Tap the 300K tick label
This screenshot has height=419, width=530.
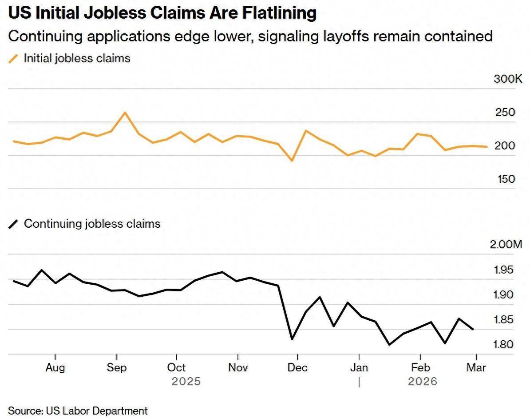click(508, 79)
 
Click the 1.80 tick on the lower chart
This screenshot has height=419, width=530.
click(503, 345)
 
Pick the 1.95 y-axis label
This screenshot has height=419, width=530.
click(503, 270)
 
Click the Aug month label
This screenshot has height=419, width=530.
click(55, 368)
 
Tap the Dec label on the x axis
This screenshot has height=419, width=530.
click(298, 368)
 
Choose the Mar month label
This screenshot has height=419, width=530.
click(476, 368)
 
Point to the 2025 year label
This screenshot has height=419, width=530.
click(186, 382)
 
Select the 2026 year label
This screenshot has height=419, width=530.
click(423, 382)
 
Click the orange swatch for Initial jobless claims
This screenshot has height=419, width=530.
click(14, 59)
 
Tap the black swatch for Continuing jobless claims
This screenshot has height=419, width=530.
click(14, 224)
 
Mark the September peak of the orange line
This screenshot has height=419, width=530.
click(125, 113)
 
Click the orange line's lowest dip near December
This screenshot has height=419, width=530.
click(292, 161)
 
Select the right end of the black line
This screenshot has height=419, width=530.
click(473, 330)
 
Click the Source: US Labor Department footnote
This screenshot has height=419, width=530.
click(78, 411)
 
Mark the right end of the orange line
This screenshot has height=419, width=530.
click(487, 146)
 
